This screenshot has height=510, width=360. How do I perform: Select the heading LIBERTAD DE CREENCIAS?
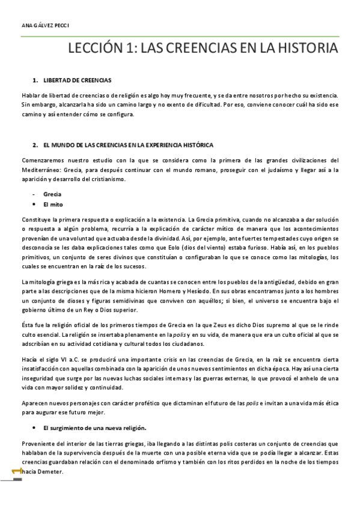coord(78,80)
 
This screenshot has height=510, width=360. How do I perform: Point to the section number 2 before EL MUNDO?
coord(35,145)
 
